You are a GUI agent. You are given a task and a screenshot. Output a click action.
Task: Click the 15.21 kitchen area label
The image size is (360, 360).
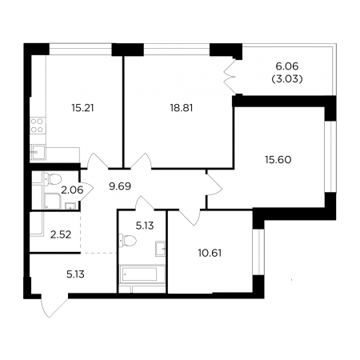(x=82, y=108)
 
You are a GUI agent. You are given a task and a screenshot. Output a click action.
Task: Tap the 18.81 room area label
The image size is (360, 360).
(x=182, y=108)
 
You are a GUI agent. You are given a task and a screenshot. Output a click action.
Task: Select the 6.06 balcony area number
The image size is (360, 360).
(x=286, y=66)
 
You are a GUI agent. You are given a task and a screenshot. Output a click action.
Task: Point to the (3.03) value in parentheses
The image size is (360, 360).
(x=287, y=79)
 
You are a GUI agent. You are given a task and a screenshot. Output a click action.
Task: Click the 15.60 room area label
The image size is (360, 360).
(x=278, y=160)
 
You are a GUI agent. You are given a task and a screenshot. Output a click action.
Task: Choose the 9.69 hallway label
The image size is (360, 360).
(x=120, y=186)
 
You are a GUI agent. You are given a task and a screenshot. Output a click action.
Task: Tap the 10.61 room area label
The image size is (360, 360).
(x=210, y=253)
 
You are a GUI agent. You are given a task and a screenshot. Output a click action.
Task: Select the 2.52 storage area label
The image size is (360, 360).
(x=61, y=234)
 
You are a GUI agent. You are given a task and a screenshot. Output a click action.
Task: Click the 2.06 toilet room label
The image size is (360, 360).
(x=72, y=190)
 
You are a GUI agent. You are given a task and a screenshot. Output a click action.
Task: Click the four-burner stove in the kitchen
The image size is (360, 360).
(x=37, y=126)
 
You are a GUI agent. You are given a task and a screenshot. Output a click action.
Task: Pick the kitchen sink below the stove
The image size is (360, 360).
(x=38, y=152)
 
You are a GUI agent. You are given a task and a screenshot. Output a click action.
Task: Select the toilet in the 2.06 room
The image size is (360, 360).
(x=53, y=179)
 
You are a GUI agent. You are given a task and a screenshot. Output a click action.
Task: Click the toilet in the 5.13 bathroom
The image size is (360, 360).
(x=127, y=241)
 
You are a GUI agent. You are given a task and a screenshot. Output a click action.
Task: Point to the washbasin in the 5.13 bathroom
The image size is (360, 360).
(x=161, y=249)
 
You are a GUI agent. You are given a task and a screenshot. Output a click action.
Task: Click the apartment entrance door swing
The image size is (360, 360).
(x=54, y=306)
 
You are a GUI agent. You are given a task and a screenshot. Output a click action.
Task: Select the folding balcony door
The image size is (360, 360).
(x=230, y=77)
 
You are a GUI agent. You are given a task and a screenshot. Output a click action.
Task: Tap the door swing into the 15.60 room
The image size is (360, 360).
(x=214, y=185)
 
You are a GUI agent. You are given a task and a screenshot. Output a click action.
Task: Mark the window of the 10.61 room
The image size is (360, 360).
(x=258, y=252)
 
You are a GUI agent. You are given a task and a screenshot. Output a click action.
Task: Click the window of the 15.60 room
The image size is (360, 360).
(x=330, y=157)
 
